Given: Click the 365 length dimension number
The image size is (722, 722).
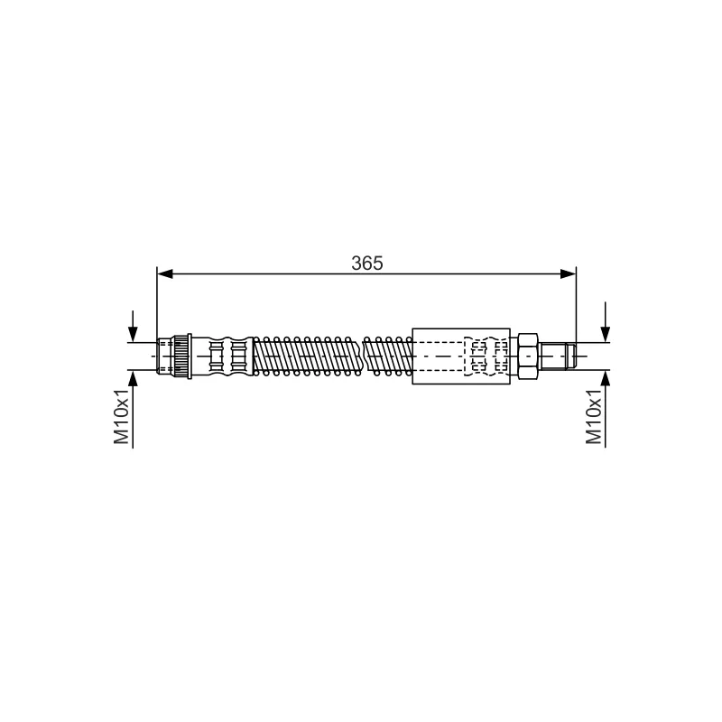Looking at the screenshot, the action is pos(367,263).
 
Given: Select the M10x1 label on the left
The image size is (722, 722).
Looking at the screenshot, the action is pos(122,416).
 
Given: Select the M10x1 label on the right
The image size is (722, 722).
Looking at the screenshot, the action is pos(594,416).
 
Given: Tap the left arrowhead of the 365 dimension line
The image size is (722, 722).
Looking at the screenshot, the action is pos(165,274).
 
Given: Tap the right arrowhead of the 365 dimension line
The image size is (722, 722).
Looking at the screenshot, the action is pos(568,274).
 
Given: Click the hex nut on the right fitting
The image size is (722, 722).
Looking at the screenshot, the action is pos(528,356).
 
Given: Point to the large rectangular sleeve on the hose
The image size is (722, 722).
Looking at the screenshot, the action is pos(461,356).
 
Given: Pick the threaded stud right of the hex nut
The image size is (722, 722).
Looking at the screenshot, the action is pos(557,356).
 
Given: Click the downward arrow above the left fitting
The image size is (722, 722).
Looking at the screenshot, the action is pos(133,326).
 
